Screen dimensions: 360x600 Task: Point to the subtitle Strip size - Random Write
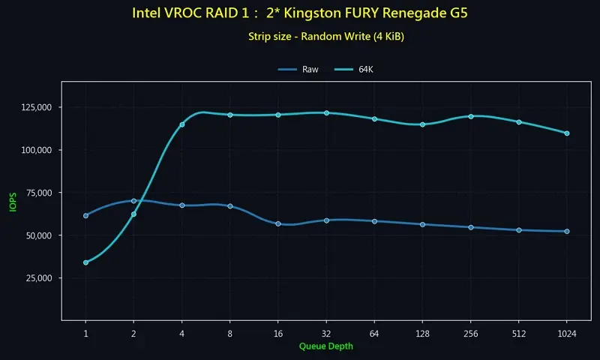[x=326, y=36]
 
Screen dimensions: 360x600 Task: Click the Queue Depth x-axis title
[x=325, y=346]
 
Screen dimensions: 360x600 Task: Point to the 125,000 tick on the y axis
[x=35, y=107]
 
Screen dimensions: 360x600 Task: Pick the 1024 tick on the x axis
[x=567, y=332]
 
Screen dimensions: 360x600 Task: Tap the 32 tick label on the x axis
[x=326, y=332]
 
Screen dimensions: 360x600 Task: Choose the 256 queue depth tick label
[x=470, y=332]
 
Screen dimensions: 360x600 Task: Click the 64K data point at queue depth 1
[x=85, y=262]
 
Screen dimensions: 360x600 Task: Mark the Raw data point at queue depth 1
[x=85, y=215]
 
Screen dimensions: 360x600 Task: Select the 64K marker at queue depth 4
[x=182, y=124]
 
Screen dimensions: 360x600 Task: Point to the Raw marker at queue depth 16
[x=278, y=223]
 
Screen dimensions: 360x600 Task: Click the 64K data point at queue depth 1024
[x=567, y=133]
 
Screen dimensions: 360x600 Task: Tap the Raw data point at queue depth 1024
[x=567, y=231]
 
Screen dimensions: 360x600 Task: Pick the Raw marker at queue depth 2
[x=133, y=201]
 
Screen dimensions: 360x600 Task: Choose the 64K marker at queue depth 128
[x=423, y=124]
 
